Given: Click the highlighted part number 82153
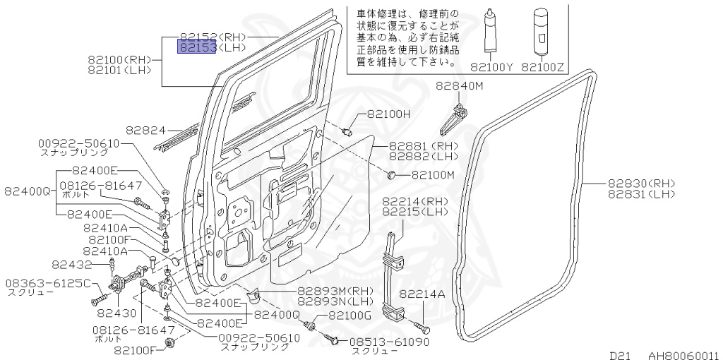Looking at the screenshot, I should (x=197, y=48).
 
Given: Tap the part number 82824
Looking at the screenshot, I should (x=145, y=131).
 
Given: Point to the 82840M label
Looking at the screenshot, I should (x=459, y=86).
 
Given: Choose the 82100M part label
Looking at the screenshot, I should (x=433, y=174).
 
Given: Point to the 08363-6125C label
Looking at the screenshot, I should (x=49, y=283).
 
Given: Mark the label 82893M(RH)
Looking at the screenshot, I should (x=335, y=290).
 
